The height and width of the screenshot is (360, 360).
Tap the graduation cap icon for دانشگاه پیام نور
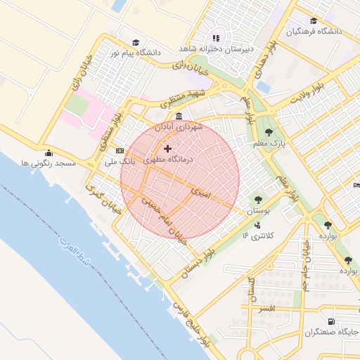pos(135,42)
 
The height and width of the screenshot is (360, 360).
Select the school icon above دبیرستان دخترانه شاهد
pos(216,38)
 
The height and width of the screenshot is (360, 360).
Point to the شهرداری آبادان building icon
pos(179,116)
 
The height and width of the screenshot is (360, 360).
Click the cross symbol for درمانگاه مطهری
pos(167,148)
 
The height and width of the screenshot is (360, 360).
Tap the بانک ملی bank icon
pos(119,150)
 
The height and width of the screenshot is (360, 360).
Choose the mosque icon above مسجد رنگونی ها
pos(48,153)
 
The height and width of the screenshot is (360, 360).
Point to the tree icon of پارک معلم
pos(269,131)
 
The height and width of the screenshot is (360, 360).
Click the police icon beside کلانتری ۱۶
pos(257,226)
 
